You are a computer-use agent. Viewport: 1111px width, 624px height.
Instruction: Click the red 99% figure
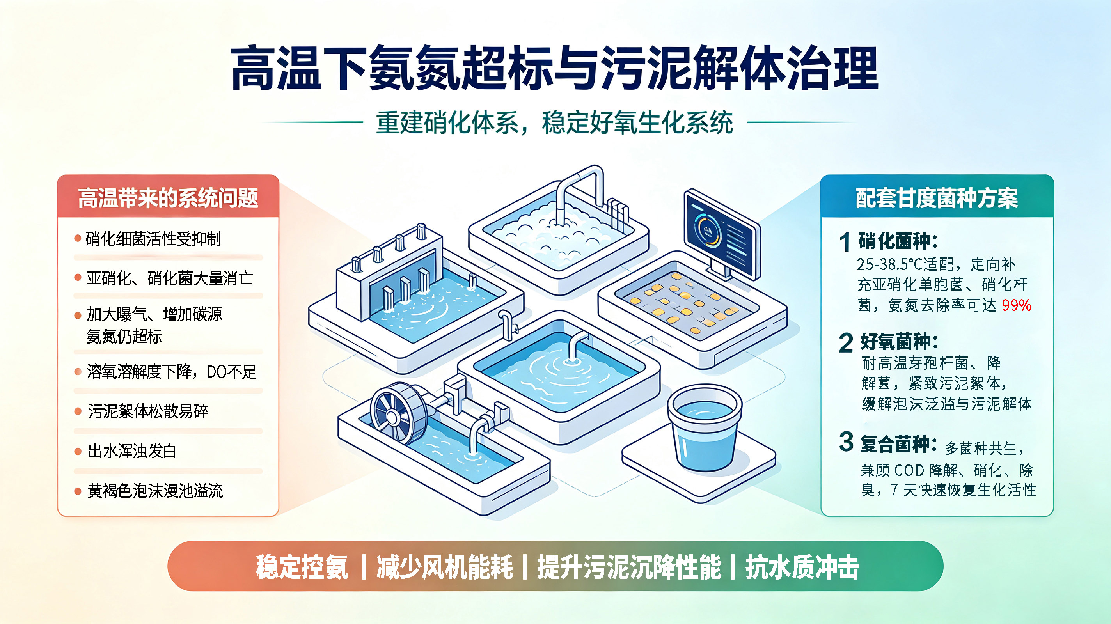click(x=1016, y=305)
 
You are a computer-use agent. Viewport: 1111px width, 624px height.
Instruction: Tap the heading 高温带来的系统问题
click(x=168, y=198)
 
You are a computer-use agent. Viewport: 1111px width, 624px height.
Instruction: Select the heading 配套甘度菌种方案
click(x=937, y=198)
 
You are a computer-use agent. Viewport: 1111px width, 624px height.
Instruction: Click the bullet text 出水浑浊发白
click(x=132, y=451)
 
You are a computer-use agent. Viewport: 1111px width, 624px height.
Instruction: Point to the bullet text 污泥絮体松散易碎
click(x=148, y=411)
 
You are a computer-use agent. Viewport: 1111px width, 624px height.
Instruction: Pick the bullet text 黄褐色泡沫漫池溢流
click(x=155, y=491)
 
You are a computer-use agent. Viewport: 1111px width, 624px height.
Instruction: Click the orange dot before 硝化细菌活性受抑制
click(x=78, y=238)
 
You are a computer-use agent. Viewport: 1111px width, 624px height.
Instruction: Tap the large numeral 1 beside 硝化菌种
click(x=845, y=241)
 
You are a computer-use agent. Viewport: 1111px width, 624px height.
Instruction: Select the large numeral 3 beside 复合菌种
click(x=846, y=441)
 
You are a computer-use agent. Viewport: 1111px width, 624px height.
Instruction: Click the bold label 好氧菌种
click(x=897, y=342)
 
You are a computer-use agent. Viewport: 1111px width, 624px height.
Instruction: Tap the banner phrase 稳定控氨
click(x=302, y=567)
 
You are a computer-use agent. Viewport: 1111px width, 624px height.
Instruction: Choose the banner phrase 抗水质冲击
click(x=802, y=567)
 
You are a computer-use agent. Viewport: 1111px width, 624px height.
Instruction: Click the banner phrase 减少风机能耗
click(x=445, y=567)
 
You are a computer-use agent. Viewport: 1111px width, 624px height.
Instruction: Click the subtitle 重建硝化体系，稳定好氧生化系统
click(x=555, y=123)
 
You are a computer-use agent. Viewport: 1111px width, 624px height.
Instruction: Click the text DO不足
click(x=231, y=372)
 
